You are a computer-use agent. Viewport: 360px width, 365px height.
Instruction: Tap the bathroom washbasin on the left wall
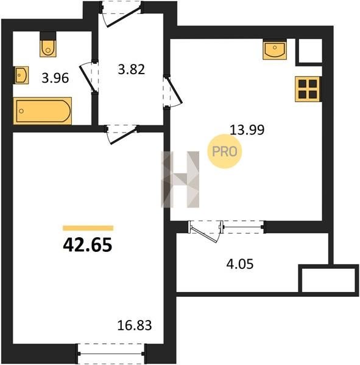[x=21, y=75]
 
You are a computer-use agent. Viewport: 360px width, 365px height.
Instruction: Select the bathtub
[x=43, y=111]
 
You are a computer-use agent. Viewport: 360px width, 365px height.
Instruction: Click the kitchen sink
[x=275, y=50]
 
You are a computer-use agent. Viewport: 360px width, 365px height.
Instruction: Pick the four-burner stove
[x=308, y=89]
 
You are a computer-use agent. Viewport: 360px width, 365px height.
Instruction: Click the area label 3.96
[x=55, y=78]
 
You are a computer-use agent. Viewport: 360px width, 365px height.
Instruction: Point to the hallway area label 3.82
[x=132, y=69]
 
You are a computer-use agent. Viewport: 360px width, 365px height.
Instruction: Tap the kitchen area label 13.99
[x=247, y=130]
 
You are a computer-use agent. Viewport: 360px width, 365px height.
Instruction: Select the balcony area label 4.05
[x=239, y=264]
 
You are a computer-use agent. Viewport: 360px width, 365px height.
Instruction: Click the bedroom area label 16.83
[x=135, y=325]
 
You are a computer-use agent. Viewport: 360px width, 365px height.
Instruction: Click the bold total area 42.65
[x=88, y=245]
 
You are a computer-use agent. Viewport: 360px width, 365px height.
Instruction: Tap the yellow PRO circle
[x=225, y=151]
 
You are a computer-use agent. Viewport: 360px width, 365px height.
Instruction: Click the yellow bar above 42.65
[x=88, y=228]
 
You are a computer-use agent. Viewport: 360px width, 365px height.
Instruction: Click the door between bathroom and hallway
[x=90, y=77]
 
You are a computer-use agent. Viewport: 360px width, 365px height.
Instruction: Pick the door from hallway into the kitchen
[x=172, y=91]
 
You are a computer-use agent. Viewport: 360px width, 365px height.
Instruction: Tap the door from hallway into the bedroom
[x=121, y=134]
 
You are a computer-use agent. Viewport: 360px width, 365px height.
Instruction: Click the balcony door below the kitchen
[x=205, y=231]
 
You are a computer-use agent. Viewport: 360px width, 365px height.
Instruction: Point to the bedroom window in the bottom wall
[x=111, y=353]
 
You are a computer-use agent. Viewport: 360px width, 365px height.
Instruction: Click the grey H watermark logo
[x=180, y=179]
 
